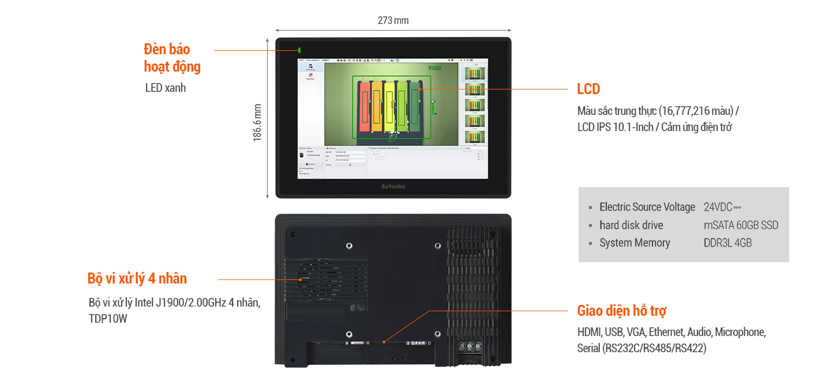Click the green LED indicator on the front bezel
click(x=299, y=50)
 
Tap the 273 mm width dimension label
click(x=393, y=21)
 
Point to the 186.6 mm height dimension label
click(x=258, y=122)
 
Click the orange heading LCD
click(x=588, y=89)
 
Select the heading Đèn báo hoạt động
click(x=172, y=58)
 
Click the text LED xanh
click(x=166, y=88)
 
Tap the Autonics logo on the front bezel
click(x=393, y=186)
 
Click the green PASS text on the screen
click(x=434, y=69)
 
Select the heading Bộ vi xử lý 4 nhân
click(x=137, y=278)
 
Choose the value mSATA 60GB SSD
click(x=737, y=225)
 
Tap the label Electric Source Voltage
click(x=647, y=207)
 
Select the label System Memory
click(x=635, y=243)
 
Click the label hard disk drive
click(x=631, y=225)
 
